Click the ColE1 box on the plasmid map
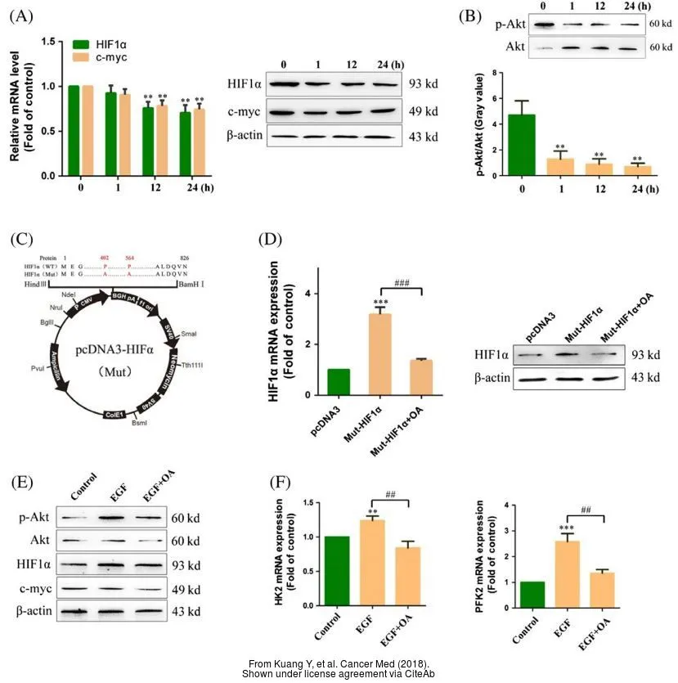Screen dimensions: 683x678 114,415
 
